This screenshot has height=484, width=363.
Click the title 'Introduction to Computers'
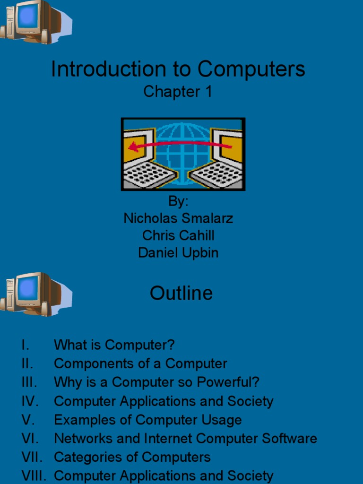[178, 69]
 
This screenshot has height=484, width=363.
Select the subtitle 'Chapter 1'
[178, 92]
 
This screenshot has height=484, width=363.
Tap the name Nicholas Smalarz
[178, 218]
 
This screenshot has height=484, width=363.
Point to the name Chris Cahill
[178, 235]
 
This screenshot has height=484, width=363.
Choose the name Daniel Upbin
[178, 253]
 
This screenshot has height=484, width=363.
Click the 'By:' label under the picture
[178, 201]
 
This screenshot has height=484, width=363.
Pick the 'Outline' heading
[181, 294]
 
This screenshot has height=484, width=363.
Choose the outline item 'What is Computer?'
[114, 345]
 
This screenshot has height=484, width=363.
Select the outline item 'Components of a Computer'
[140, 364]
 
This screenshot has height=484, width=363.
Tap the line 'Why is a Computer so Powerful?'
[156, 382]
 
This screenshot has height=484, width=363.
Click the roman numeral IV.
[29, 401]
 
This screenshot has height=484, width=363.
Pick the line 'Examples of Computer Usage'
[147, 420]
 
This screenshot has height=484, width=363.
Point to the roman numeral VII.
[32, 458]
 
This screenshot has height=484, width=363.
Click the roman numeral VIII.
[34, 475]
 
